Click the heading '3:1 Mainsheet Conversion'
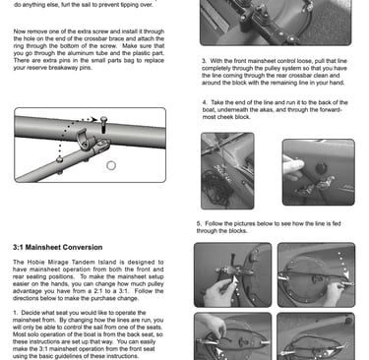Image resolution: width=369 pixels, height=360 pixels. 58,247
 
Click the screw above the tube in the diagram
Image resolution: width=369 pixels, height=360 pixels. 103,125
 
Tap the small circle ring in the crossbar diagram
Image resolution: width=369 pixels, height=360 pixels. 111,165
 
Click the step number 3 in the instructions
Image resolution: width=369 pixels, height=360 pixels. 205,61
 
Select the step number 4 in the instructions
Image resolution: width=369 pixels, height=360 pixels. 205,102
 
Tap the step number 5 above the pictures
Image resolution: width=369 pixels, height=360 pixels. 199,223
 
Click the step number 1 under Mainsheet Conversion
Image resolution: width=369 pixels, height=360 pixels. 15,313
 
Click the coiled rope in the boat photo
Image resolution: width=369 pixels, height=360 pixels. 216,189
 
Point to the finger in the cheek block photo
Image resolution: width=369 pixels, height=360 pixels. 293,166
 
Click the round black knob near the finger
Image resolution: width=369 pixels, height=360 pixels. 321,168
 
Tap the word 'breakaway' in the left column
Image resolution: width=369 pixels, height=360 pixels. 64,68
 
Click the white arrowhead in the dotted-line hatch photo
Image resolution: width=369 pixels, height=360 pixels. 346,273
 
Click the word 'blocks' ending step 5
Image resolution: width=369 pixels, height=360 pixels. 238,231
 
